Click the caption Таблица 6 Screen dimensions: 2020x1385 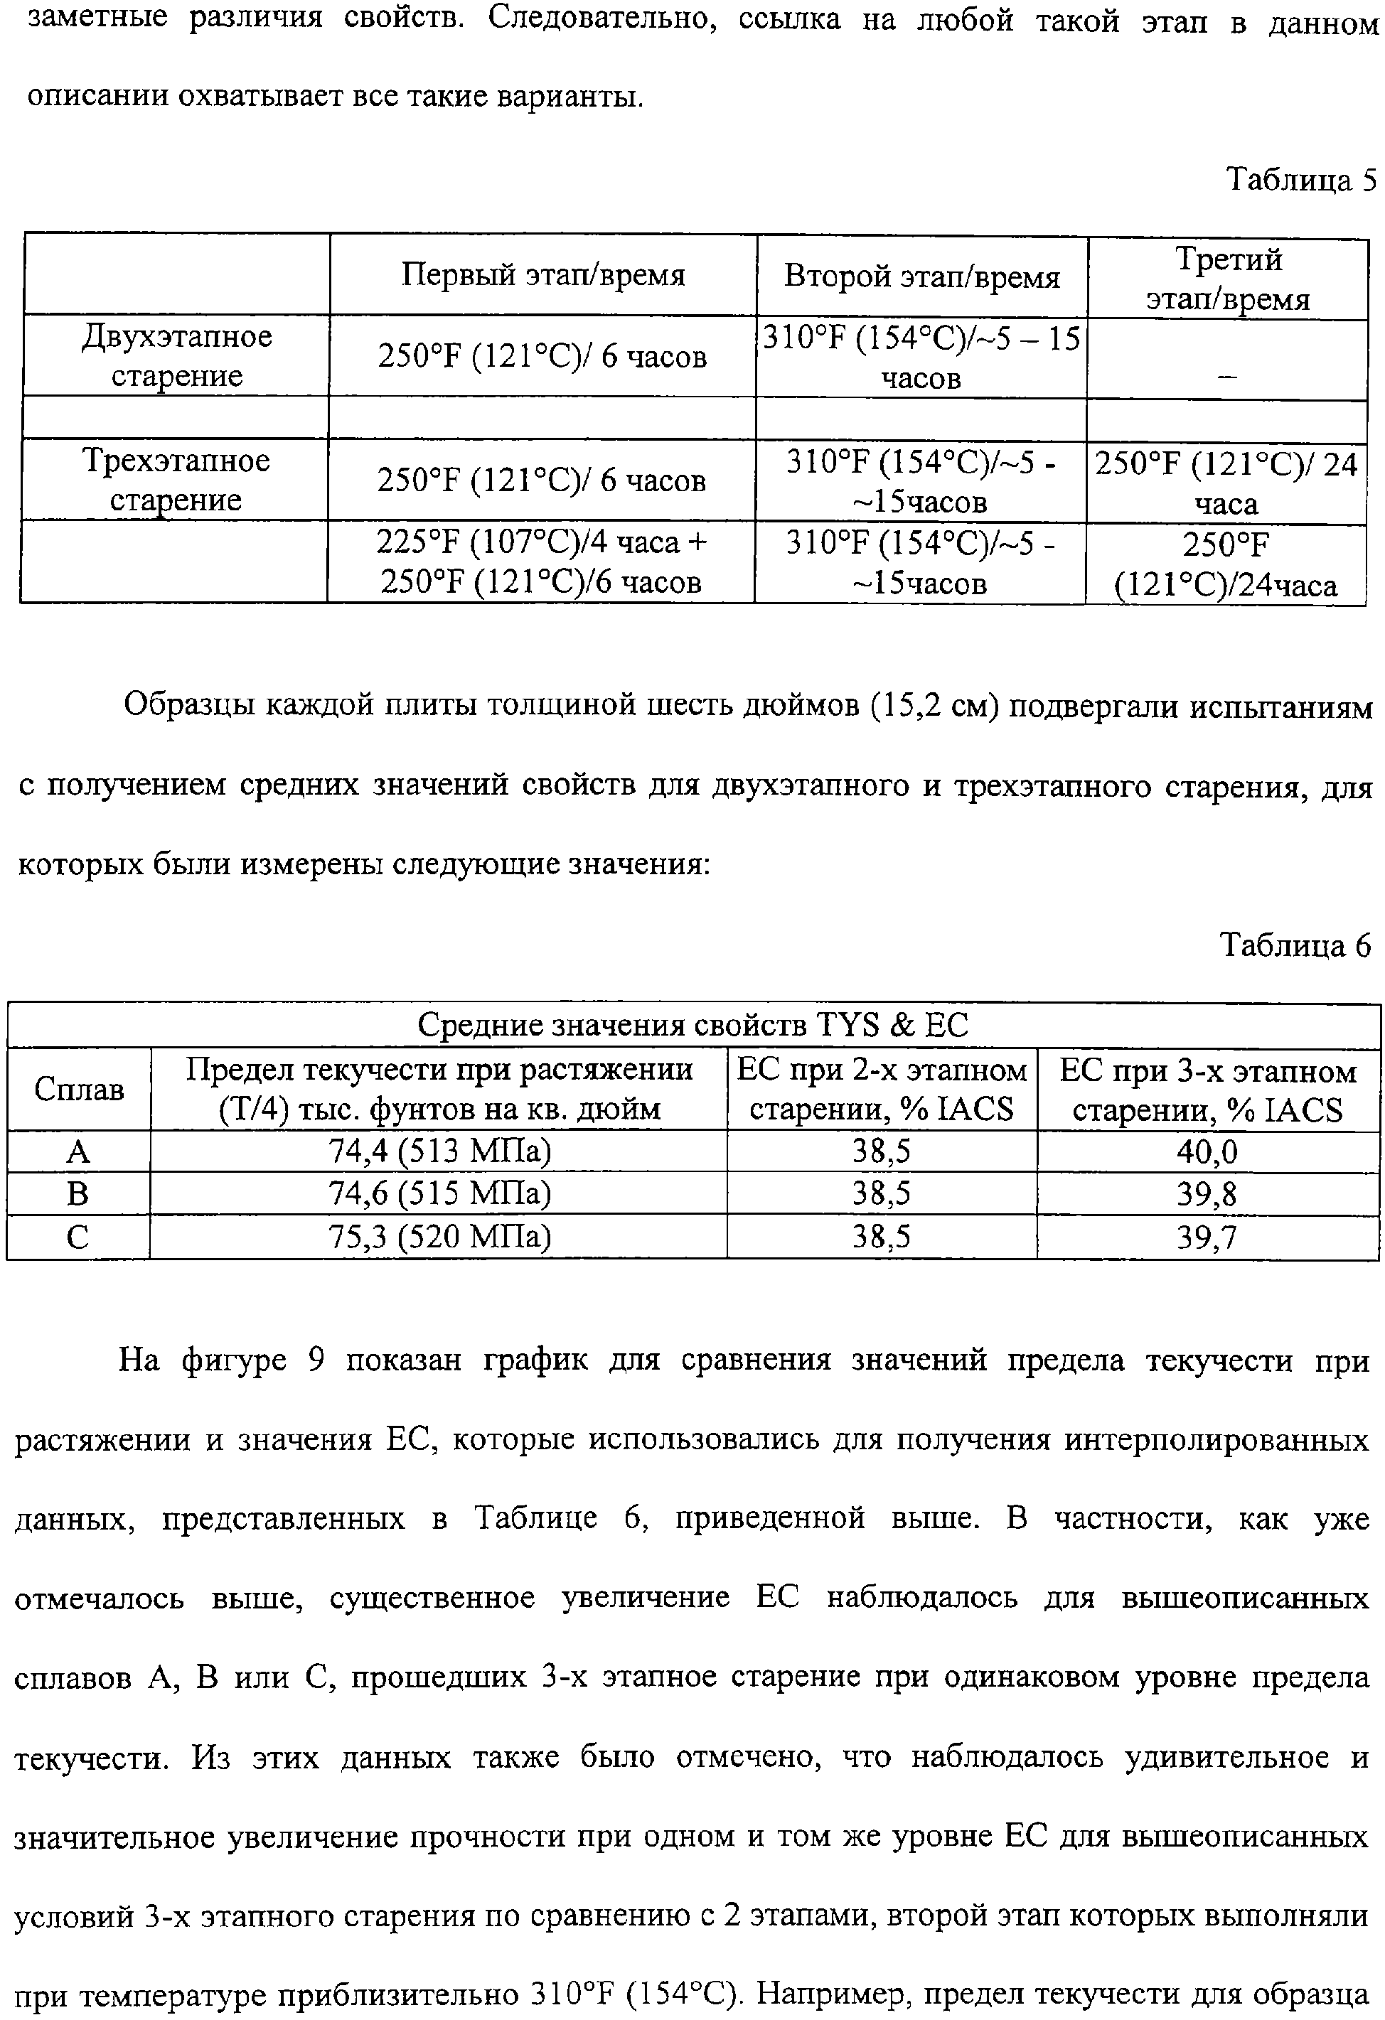(1295, 945)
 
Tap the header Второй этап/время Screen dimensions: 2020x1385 (921, 277)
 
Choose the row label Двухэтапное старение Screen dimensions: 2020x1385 (176, 355)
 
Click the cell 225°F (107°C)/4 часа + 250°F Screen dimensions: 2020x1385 (541, 562)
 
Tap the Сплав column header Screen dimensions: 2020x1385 (78, 1089)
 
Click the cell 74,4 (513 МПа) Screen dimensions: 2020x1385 (439, 1151)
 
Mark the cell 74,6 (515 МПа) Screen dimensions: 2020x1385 (439, 1193)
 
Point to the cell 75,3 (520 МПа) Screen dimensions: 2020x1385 (439, 1236)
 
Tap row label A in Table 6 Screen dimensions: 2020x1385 (78, 1151)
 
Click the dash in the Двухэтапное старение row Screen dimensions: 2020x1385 (1226, 375)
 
